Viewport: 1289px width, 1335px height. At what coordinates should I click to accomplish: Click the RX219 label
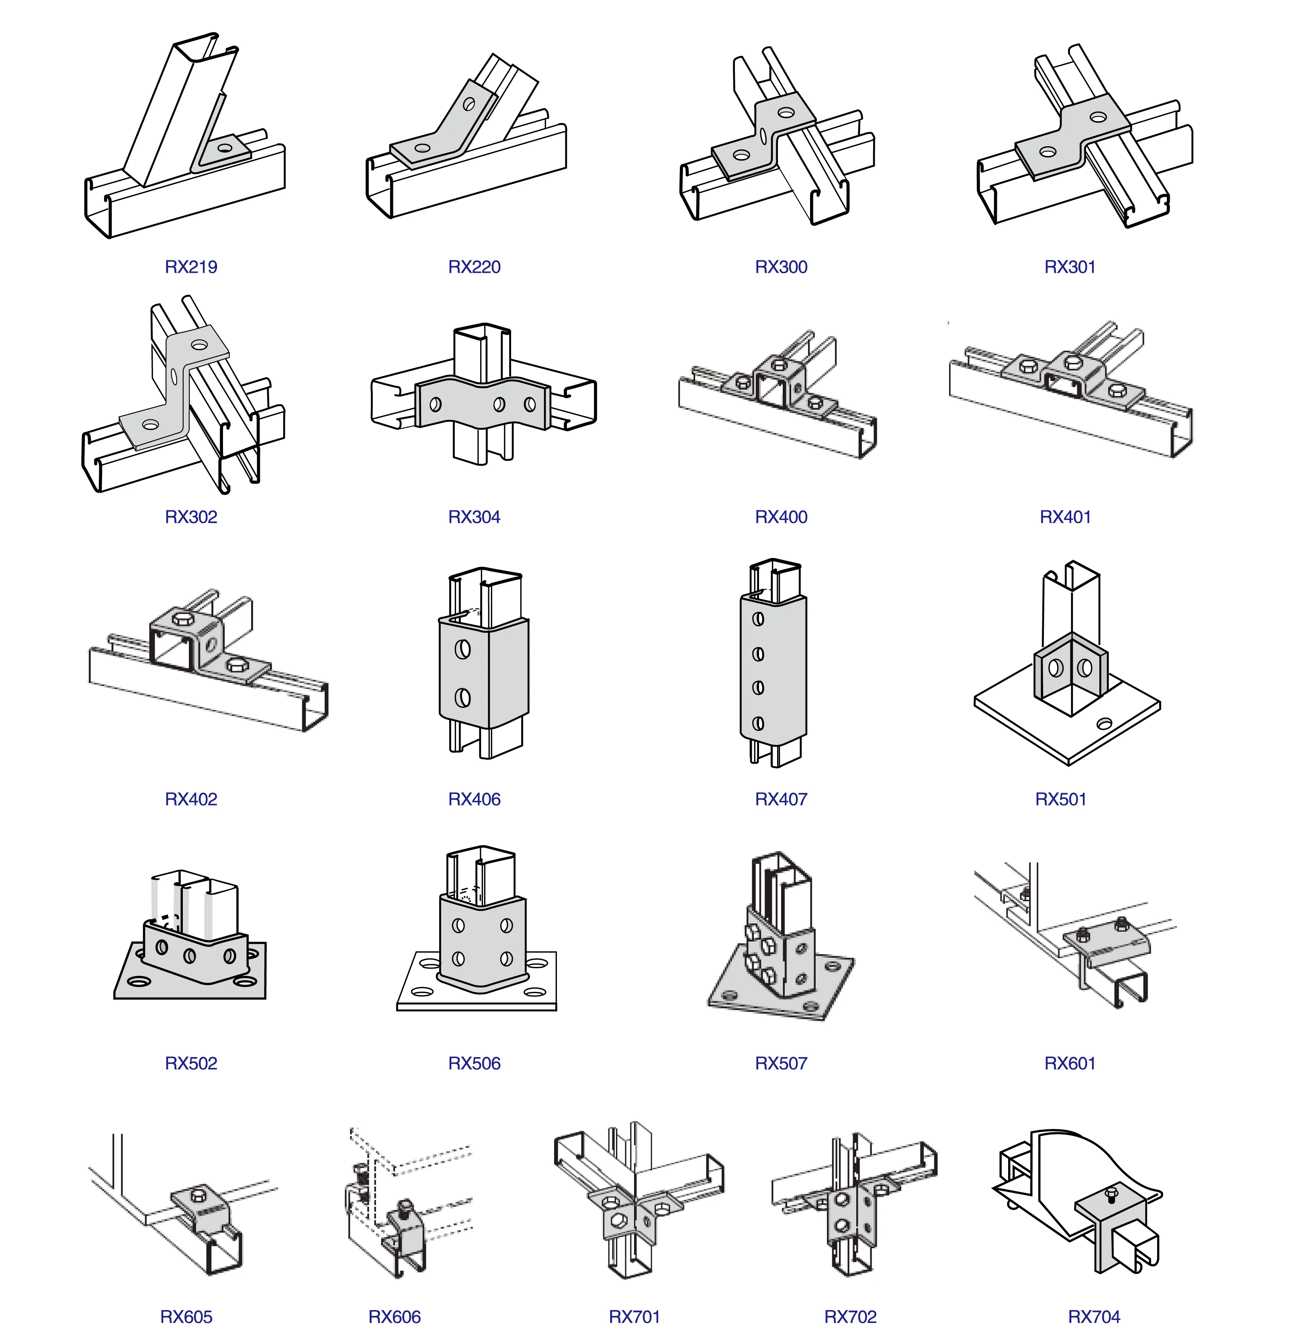[191, 267]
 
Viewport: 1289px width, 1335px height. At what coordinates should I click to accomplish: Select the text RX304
[474, 517]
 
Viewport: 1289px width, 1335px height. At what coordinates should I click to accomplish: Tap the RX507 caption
[781, 1063]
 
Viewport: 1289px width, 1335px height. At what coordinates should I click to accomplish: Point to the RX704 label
[1093, 1317]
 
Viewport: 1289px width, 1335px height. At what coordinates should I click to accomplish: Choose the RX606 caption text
[395, 1317]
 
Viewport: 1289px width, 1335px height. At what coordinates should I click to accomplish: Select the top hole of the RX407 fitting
[757, 619]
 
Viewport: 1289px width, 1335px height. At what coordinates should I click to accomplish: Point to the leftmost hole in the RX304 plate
[435, 405]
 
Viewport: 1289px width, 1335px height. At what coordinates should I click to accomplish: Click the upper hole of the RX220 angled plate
[469, 104]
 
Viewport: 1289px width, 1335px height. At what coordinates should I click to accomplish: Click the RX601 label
[1070, 1063]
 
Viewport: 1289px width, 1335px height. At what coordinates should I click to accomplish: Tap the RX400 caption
[781, 517]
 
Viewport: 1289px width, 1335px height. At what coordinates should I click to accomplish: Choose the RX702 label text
[850, 1317]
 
